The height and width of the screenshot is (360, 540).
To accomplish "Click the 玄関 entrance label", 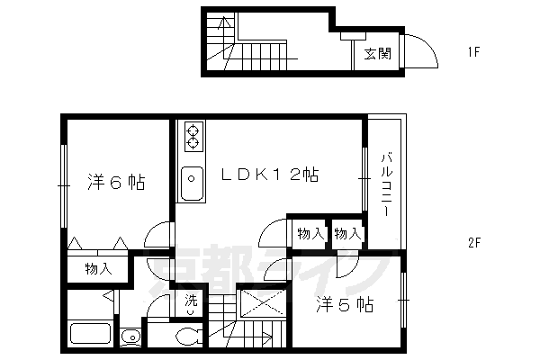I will click(376, 53).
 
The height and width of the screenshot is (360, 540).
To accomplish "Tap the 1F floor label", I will click(476, 51).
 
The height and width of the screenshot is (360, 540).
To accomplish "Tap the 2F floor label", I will click(476, 242).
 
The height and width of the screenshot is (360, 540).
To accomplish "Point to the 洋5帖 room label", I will click(345, 305).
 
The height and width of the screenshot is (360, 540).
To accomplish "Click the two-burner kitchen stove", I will click(193, 137).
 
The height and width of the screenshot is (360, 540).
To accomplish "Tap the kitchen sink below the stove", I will click(191, 184).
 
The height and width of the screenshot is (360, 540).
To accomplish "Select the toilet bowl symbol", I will click(190, 337).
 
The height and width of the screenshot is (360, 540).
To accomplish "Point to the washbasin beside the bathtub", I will click(131, 337).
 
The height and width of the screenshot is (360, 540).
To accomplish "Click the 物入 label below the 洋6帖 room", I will click(98, 268).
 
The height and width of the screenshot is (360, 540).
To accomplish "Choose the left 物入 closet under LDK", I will click(310, 234).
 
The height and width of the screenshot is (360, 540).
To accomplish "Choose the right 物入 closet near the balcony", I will click(346, 234).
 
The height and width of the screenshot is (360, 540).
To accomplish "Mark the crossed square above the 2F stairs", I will click(262, 302).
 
